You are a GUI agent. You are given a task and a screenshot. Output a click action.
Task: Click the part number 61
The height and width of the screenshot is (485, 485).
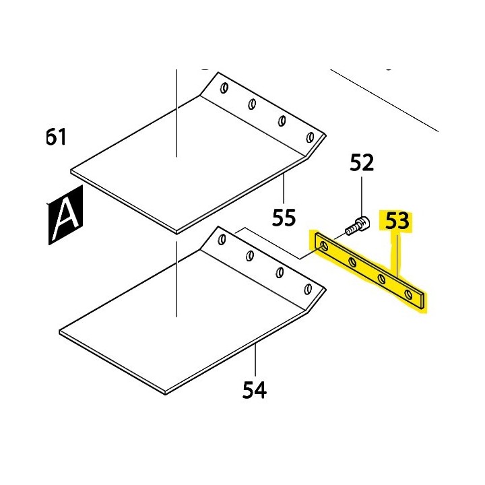pos(56,137)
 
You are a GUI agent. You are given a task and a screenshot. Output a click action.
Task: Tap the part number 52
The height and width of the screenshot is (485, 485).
pos(362,163)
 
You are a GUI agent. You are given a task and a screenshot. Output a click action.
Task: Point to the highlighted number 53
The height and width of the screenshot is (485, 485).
pos(397,222)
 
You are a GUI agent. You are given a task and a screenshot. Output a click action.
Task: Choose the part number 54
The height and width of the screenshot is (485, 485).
pos(255,389)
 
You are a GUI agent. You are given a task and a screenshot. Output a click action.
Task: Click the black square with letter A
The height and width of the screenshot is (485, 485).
pos(65,215)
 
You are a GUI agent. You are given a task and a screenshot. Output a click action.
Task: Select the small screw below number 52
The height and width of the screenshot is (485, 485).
pos(356,226)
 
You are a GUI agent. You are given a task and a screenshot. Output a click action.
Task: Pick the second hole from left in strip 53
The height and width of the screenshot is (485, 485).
pos(352,263)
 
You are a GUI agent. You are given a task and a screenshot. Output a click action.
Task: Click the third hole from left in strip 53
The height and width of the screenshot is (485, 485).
pos(382,278)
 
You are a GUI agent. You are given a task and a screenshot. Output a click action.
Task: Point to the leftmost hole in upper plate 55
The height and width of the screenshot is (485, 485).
pos(225,88)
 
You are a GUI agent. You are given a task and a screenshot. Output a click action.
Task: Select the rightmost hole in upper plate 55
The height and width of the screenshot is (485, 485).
pos(310,137)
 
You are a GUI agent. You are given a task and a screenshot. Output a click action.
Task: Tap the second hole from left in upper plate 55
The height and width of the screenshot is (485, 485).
pos(252,104)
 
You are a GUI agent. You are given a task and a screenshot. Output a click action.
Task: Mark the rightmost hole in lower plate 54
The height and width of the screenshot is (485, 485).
pos(308,289)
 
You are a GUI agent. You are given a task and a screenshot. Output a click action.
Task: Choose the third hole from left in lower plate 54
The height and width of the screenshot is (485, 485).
pos(279,272)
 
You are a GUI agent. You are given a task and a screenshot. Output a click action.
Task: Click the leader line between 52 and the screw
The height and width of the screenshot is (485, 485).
pos(362,195)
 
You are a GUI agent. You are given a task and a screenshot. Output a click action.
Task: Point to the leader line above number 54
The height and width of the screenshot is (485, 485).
pos(256,360)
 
